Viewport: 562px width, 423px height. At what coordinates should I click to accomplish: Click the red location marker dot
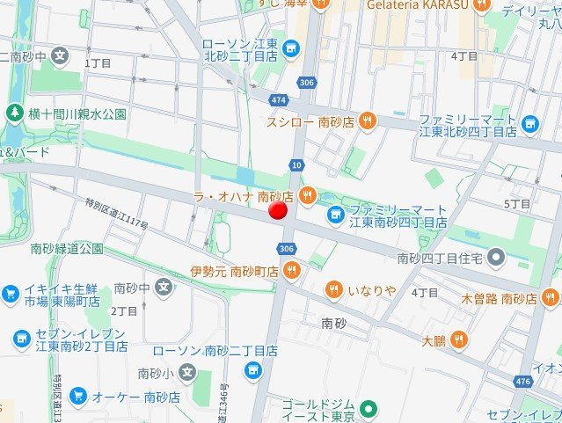coord(278,211)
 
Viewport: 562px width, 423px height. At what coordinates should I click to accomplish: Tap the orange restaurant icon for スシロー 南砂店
coord(368,121)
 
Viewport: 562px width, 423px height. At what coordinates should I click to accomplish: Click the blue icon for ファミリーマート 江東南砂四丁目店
coord(335,214)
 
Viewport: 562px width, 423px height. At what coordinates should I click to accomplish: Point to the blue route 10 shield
coord(296,164)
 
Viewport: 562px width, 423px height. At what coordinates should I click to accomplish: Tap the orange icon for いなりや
coord(333,289)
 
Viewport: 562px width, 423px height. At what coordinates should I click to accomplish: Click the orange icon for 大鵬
coord(458,339)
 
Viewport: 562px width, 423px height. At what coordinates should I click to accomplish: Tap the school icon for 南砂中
coord(164,287)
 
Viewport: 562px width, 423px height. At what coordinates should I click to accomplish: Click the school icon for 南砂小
coord(186,373)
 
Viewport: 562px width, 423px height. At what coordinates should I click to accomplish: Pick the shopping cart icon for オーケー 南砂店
coord(77,397)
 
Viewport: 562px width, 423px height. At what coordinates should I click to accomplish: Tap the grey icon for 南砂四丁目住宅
coord(496,258)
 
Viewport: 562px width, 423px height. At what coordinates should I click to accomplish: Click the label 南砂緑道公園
coord(66,249)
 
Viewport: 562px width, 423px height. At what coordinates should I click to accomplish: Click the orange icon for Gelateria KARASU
coord(481,5)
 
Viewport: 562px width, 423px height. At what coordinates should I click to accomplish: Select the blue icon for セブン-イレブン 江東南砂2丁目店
coord(21,338)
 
